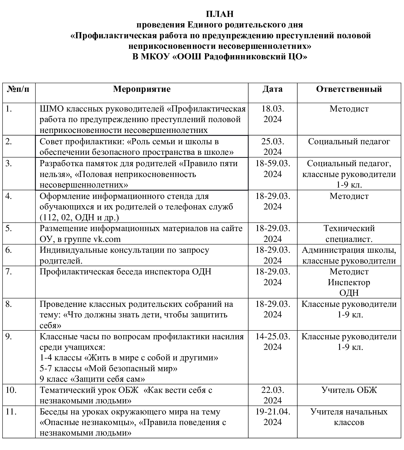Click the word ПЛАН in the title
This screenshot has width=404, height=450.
tap(220, 14)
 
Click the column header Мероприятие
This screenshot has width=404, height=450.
tap(142, 89)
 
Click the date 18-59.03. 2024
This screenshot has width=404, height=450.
tap(273, 169)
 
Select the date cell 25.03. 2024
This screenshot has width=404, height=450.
tap(273, 146)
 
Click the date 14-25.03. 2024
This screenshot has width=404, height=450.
tap(273, 342)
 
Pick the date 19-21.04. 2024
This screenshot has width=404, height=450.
tap(273, 417)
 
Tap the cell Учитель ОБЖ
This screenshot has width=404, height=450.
tap(349, 390)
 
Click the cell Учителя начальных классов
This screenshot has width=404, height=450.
tap(349, 417)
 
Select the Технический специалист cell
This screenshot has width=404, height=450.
tap(349, 234)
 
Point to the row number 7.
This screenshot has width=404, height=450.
tap(9, 272)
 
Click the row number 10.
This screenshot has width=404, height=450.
tap(11, 390)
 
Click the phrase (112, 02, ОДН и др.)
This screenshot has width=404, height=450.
tap(79, 218)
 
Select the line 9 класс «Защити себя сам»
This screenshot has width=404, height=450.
tap(92, 379)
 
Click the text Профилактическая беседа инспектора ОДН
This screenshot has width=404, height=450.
tap(125, 272)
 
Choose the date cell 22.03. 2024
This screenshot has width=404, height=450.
tap(273, 395)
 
